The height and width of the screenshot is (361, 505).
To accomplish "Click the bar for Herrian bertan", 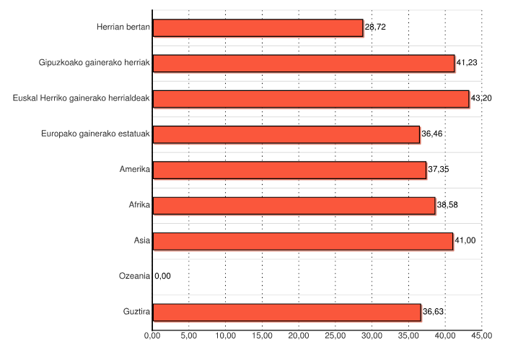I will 258,27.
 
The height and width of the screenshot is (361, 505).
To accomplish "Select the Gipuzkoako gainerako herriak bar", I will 304,63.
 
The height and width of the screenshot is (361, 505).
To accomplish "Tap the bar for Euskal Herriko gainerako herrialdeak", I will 311,98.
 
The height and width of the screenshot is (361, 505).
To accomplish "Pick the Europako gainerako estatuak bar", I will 286,134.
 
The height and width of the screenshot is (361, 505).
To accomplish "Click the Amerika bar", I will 289,170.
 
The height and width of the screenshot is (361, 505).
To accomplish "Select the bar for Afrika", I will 294,205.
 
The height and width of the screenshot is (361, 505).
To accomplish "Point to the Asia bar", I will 303,241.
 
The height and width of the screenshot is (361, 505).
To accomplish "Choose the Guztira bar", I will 287,312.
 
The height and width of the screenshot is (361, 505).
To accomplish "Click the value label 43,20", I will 481,98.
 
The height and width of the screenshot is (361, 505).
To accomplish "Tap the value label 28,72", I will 376,27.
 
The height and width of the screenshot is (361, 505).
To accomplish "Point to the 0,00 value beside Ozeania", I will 163,276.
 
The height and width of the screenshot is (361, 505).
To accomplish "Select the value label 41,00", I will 465,241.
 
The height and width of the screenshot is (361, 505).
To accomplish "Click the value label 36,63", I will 434,312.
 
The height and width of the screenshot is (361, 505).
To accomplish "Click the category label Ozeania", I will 134,276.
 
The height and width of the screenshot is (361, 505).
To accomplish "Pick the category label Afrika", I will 139,205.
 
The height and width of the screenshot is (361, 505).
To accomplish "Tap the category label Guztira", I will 136,312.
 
